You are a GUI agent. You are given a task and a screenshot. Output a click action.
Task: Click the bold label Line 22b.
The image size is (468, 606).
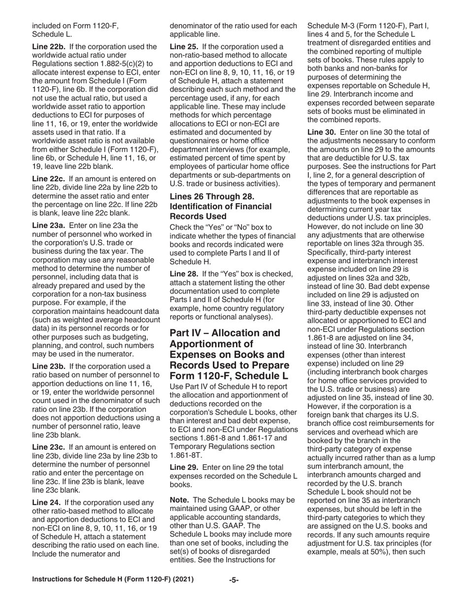[x=48, y=47]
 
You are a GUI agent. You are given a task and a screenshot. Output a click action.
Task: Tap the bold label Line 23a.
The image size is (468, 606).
[x=48, y=225]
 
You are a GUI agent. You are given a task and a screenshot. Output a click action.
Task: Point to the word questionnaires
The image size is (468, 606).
[x=198, y=140]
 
